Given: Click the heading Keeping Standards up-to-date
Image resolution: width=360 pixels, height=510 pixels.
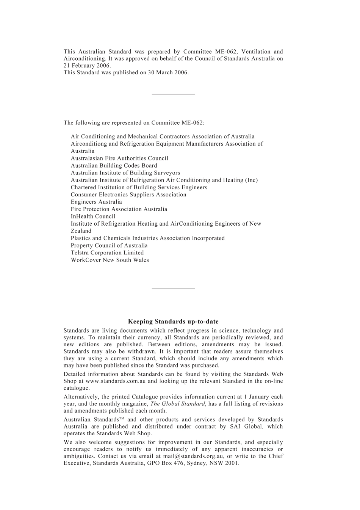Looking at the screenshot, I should [x=173, y=322].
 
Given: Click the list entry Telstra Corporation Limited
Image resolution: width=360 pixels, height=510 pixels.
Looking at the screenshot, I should [x=107, y=253].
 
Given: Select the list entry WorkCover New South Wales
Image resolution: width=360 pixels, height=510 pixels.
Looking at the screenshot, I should [x=110, y=260].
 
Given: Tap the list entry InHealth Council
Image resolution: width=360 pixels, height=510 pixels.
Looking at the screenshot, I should [x=93, y=217].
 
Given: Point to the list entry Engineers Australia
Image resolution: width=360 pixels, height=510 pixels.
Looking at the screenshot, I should [x=96, y=202].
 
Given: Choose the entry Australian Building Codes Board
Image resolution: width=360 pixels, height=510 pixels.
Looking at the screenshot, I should [x=114, y=165].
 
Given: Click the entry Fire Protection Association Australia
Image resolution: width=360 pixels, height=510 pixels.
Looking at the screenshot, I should [x=119, y=209].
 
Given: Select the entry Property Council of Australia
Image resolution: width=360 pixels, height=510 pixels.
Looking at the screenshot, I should [x=109, y=245].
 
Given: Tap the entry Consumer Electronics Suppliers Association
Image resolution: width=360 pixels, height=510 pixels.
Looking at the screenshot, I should [x=128, y=195].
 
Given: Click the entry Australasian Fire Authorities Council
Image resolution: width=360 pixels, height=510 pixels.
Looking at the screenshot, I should [x=119, y=158].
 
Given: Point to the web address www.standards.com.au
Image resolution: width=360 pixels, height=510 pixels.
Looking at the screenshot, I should [x=116, y=381].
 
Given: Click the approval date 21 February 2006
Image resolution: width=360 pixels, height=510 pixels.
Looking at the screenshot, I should [x=87, y=66].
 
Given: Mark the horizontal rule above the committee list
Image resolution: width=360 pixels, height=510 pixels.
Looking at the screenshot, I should [x=173, y=94].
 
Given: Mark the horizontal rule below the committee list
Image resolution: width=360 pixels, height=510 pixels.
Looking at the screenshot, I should [x=173, y=289].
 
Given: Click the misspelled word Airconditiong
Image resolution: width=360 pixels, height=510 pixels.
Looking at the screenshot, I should [x=89, y=144].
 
